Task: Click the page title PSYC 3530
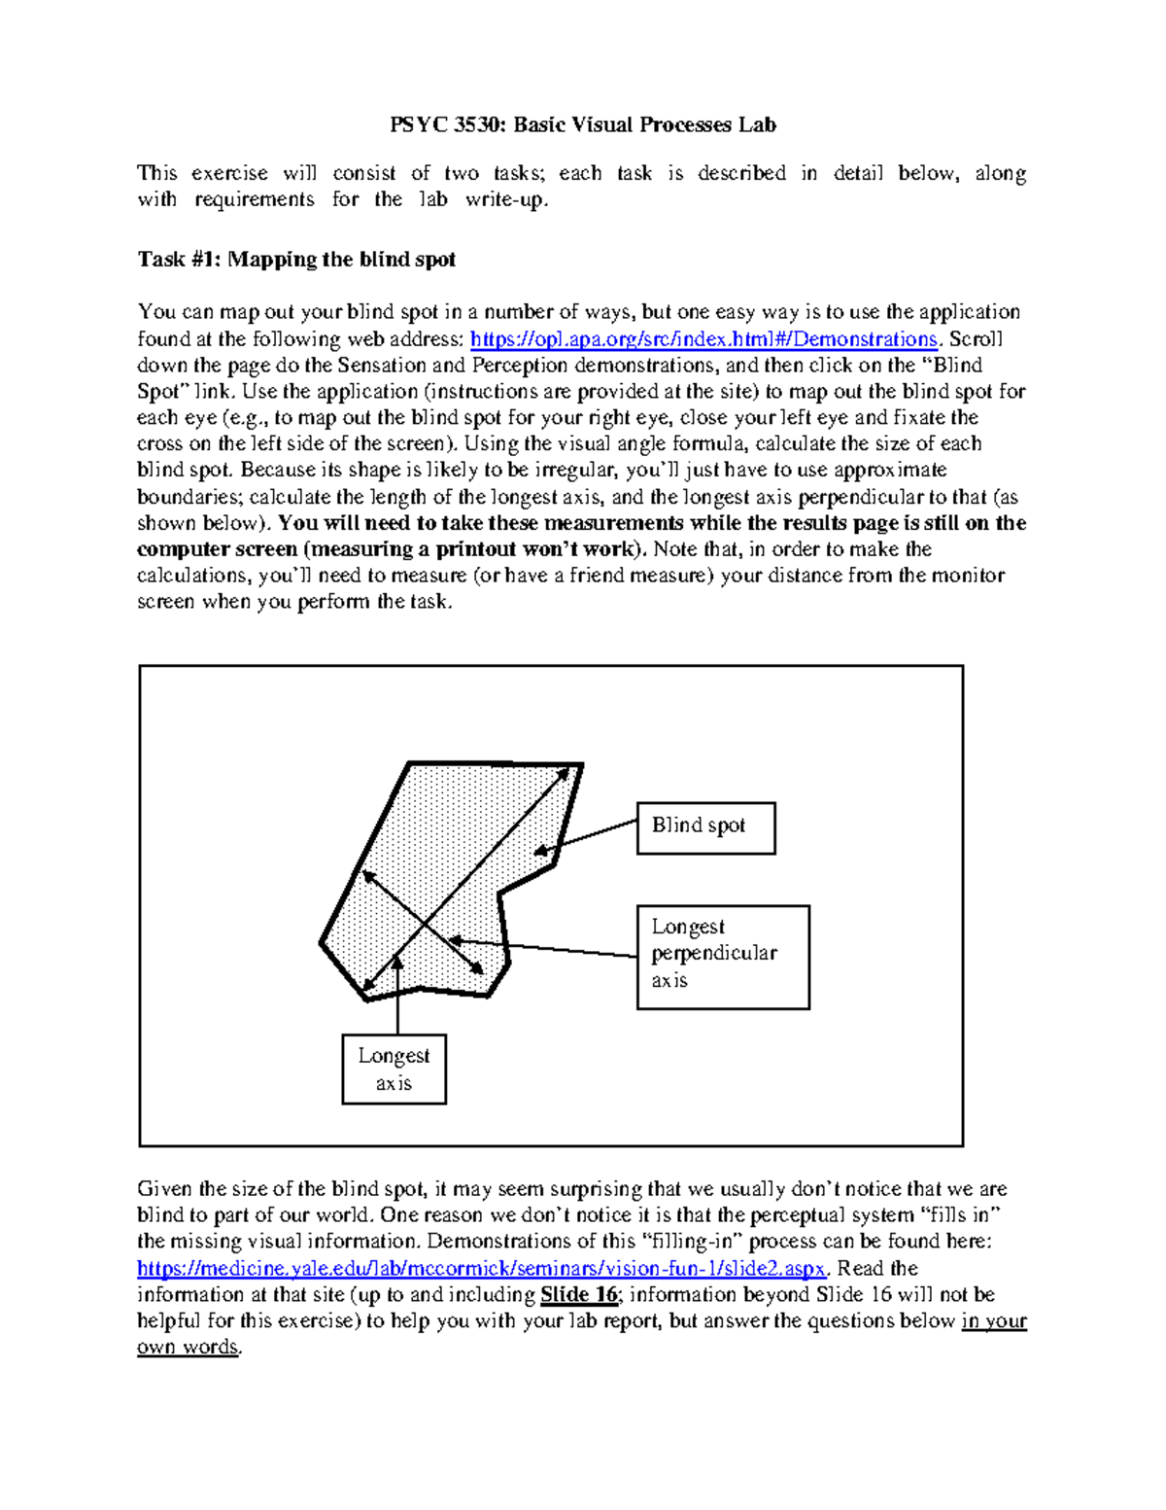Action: pyautogui.click(x=582, y=124)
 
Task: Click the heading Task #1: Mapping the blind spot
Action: pyautogui.click(x=296, y=260)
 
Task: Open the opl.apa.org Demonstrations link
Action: pyautogui.click(x=703, y=339)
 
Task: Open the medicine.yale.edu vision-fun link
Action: pyautogui.click(x=482, y=1269)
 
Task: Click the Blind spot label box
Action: pyautogui.click(x=705, y=827)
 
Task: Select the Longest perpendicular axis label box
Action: pyautogui.click(x=722, y=957)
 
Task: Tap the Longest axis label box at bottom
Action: pyautogui.click(x=394, y=1069)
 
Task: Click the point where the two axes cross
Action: pyautogui.click(x=425, y=922)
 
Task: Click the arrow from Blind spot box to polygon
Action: pyautogui.click(x=586, y=837)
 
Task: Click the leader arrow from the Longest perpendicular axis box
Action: pyautogui.click(x=544, y=949)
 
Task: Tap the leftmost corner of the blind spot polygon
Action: pyautogui.click(x=322, y=942)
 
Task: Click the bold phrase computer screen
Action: pyautogui.click(x=216, y=549)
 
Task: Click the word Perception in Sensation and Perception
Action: pyautogui.click(x=518, y=366)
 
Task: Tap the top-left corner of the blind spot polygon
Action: pyautogui.click(x=410, y=764)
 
